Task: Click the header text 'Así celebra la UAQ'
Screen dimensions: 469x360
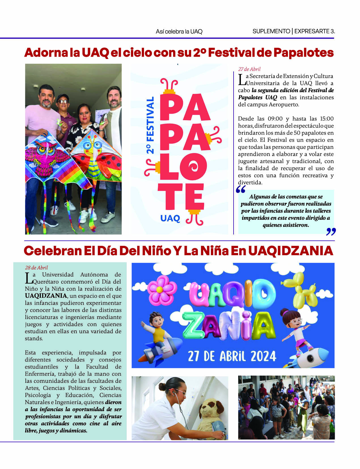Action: (x=179, y=31)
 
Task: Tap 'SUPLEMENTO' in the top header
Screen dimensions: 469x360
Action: (x=271, y=31)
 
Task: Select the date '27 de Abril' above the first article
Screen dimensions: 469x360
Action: (x=249, y=69)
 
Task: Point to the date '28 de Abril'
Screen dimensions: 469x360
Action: (x=36, y=267)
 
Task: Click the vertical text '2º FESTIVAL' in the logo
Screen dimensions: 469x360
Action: (x=150, y=125)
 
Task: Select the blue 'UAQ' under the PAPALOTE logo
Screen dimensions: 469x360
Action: (x=170, y=218)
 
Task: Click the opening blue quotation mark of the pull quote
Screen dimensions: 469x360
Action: (x=240, y=189)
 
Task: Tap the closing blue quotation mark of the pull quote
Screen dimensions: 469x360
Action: (x=331, y=232)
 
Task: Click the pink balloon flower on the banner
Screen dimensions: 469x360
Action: (x=160, y=289)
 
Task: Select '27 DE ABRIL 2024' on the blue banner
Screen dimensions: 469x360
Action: (x=232, y=356)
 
